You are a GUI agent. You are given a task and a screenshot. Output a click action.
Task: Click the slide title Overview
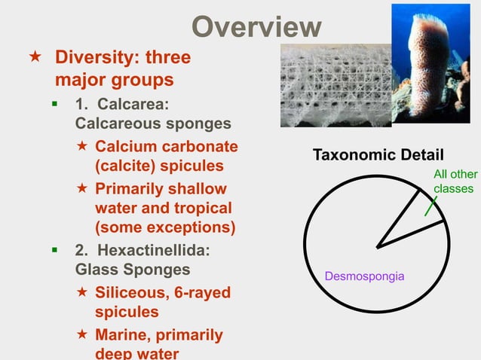pos(256,27)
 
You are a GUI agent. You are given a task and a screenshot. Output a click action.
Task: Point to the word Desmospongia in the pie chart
pos(364,276)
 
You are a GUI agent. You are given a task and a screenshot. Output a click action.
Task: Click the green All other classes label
pos(455,182)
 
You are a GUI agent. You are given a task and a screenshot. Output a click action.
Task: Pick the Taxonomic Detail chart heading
pos(378,155)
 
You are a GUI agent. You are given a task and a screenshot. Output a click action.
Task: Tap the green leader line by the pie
pos(430,206)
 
